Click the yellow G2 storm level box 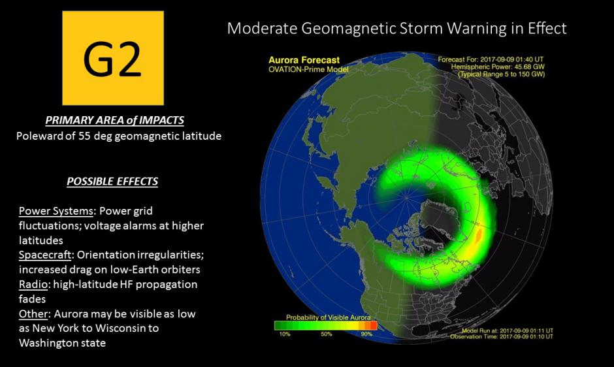click(113, 58)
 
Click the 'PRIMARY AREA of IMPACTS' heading click(115, 120)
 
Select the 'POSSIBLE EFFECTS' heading click(112, 182)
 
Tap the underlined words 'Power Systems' click(56, 211)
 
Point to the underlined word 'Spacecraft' click(45, 255)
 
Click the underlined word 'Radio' click(33, 284)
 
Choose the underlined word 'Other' click(33, 313)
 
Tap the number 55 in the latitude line click(84, 136)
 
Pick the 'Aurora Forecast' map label click(304, 60)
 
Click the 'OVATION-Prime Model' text click(308, 69)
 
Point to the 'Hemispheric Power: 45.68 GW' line click(498, 67)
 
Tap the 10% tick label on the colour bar click(285, 334)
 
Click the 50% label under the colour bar click(327, 334)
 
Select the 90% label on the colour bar click(366, 334)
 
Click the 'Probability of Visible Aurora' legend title click(328, 317)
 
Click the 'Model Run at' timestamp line click(508, 331)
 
